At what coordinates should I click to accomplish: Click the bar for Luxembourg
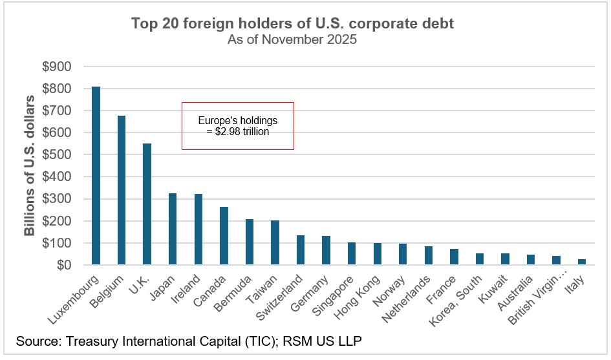96,175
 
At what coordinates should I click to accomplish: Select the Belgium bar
122,190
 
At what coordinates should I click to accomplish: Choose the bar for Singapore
352,253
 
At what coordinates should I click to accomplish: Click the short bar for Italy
582,262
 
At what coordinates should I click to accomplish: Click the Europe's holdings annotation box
237,126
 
